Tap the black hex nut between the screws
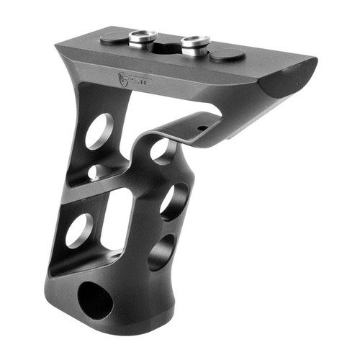click(x=167, y=45)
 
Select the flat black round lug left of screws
click(x=114, y=38)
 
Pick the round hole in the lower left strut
click(x=78, y=231)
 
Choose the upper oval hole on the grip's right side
click(x=174, y=200)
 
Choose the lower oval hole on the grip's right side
click(x=160, y=253)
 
